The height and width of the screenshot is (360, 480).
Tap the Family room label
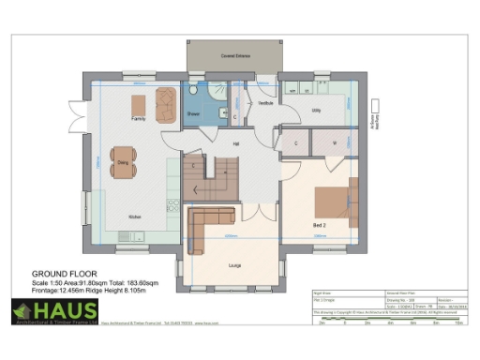[138, 120]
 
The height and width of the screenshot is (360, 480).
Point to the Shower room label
[193, 113]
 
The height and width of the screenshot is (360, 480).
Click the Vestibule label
[265, 102]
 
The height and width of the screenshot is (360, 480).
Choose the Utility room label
[317, 110]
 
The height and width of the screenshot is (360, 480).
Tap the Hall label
[235, 143]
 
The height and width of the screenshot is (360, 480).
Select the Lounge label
[234, 266]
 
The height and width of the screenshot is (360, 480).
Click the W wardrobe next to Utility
[335, 142]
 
